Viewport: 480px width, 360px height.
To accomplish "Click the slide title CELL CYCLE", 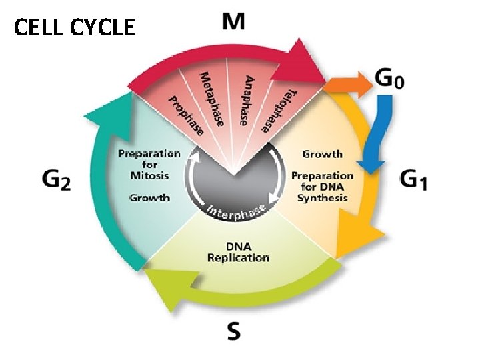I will coord(74,27).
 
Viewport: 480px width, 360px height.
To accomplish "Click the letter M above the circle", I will coord(233,21).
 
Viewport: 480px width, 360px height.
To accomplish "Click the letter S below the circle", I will coord(233,331).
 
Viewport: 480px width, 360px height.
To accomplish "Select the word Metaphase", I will coord(212,97).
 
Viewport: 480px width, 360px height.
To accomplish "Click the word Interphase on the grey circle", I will coord(237,211).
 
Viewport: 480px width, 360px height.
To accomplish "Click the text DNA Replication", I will coord(238,252).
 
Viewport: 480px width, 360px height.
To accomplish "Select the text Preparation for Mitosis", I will coord(149,165).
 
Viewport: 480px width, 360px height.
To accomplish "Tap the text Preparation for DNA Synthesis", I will coord(323,187).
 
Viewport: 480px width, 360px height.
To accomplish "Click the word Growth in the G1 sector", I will coord(322,154).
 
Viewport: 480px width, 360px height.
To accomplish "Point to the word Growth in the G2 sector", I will coord(149,197).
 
